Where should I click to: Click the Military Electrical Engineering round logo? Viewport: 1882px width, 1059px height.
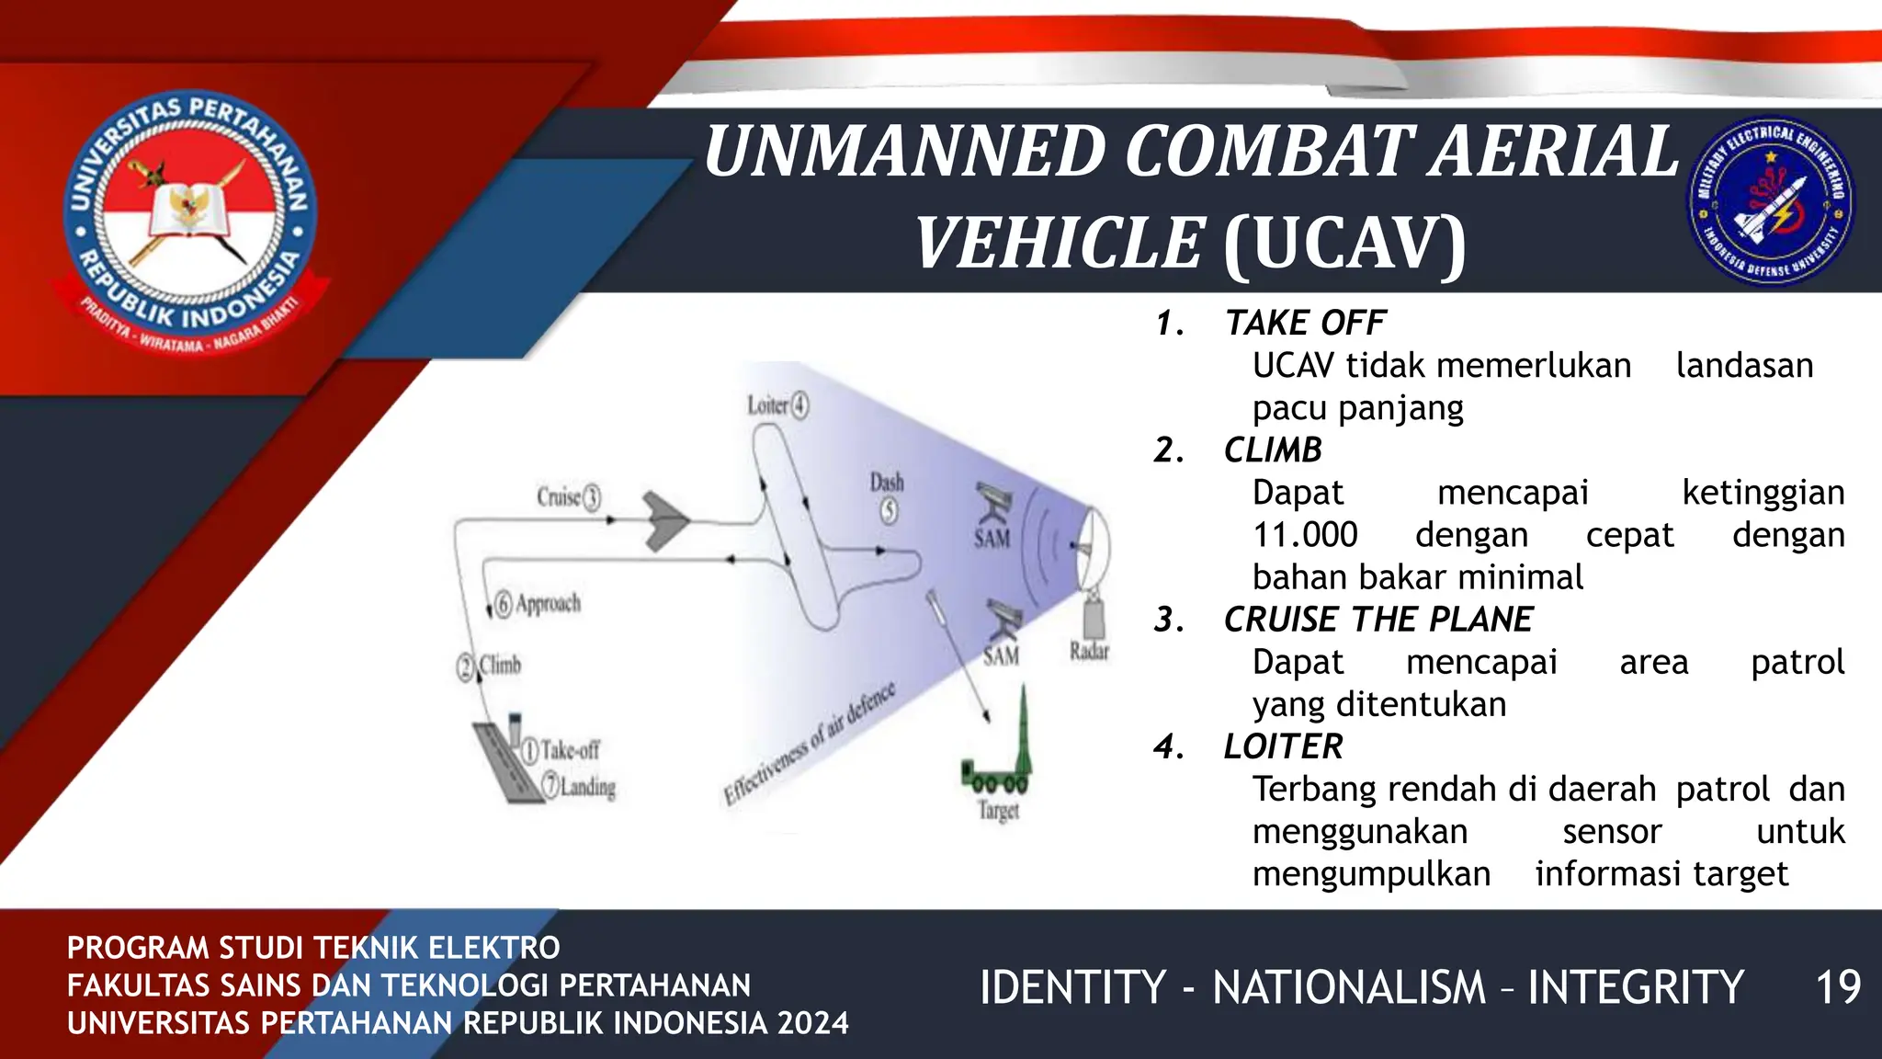click(1771, 199)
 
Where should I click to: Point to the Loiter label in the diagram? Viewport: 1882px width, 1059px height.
click(768, 405)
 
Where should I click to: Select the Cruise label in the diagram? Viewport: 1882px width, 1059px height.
click(560, 497)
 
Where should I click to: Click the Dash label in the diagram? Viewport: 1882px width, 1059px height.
click(887, 483)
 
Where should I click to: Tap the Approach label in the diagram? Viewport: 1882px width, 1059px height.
click(548, 604)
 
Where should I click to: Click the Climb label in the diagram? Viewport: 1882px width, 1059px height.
click(500, 665)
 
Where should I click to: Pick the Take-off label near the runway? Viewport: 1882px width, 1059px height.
click(570, 750)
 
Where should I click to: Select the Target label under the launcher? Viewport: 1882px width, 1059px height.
click(998, 811)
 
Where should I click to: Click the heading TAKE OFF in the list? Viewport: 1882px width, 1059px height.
click(1305, 324)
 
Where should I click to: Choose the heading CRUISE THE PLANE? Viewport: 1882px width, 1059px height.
click(1378, 620)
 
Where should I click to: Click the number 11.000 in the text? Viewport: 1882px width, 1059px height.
click(1305, 535)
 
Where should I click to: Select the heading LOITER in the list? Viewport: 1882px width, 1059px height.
click(1283, 746)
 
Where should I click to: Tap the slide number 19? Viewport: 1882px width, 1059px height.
click(1838, 987)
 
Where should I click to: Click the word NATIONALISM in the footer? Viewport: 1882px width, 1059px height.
click(1349, 987)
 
